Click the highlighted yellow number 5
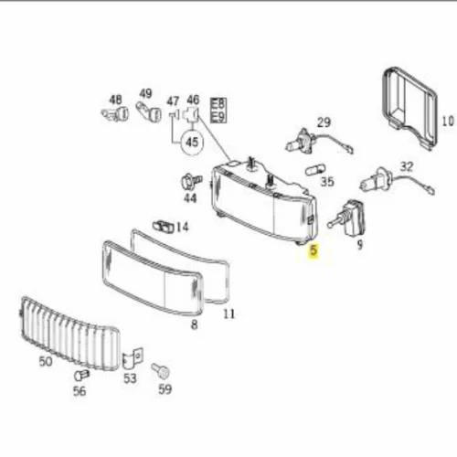(314, 250)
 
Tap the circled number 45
(192, 142)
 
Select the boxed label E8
(218, 104)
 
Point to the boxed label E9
(218, 117)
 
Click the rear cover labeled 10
(409, 107)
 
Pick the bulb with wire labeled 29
(318, 142)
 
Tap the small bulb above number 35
(315, 169)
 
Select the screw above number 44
(191, 181)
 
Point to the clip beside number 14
(163, 226)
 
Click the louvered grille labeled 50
(69, 333)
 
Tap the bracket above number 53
(132, 358)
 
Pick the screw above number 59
(161, 371)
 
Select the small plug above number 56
(81, 375)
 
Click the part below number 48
(115, 114)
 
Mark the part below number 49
(148, 111)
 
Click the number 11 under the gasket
(229, 314)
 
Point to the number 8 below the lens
(194, 324)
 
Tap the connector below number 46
(190, 114)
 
